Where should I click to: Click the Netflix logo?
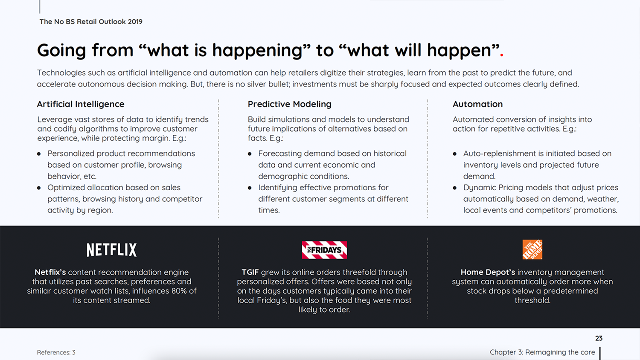click(111, 250)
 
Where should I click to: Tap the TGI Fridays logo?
click(324, 250)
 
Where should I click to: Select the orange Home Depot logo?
click(532, 250)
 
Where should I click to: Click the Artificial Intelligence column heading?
click(81, 104)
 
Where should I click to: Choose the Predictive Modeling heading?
click(289, 104)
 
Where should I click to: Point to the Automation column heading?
click(477, 104)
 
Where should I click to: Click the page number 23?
click(599, 339)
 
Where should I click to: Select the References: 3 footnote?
click(56, 352)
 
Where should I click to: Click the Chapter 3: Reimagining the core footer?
click(542, 352)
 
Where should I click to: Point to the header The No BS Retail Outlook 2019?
click(91, 22)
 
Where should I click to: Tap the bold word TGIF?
click(250, 272)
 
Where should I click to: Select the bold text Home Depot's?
click(488, 272)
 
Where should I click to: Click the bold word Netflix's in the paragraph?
click(50, 272)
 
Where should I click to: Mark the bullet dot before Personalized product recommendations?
click(39, 154)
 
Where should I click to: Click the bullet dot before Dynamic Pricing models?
click(454, 188)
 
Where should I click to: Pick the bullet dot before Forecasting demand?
click(250, 154)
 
